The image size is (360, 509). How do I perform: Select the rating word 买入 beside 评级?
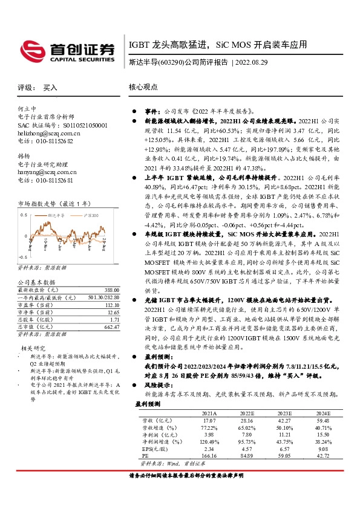(50, 87)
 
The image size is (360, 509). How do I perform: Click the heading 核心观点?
(143, 87)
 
